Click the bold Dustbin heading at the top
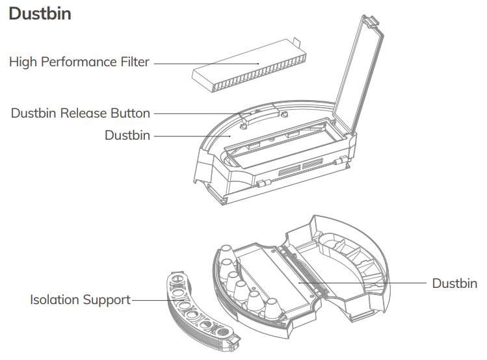[x=40, y=14]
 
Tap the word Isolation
[x=55, y=300]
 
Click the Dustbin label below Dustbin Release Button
[x=127, y=136]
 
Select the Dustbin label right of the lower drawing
[x=454, y=284]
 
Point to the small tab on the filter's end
[x=297, y=44]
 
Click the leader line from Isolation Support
[x=149, y=300]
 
